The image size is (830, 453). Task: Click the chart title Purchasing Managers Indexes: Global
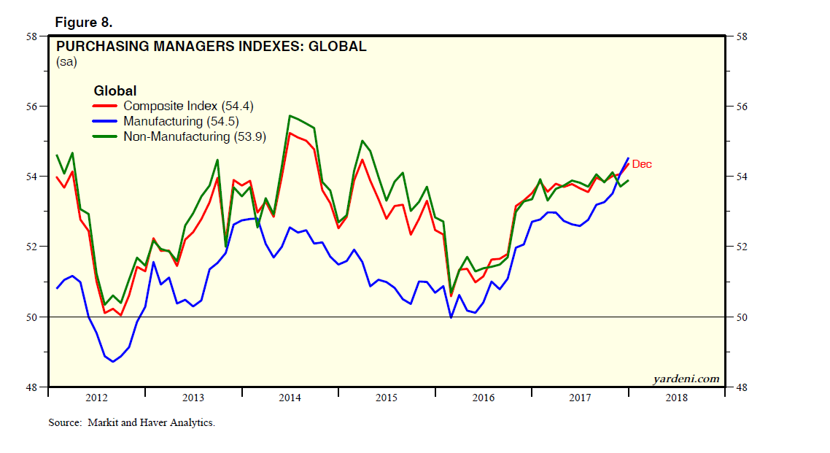(x=212, y=47)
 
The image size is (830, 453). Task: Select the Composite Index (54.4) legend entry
(x=188, y=107)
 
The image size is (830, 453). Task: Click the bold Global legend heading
(x=115, y=91)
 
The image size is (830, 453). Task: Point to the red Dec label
(x=642, y=164)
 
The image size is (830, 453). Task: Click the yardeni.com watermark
(x=686, y=379)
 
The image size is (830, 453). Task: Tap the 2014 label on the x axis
(x=290, y=398)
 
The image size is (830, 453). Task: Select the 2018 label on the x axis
(x=676, y=398)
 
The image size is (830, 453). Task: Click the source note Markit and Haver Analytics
(x=132, y=423)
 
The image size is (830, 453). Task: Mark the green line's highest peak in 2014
(x=290, y=115)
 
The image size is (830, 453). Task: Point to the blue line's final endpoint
(x=629, y=158)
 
